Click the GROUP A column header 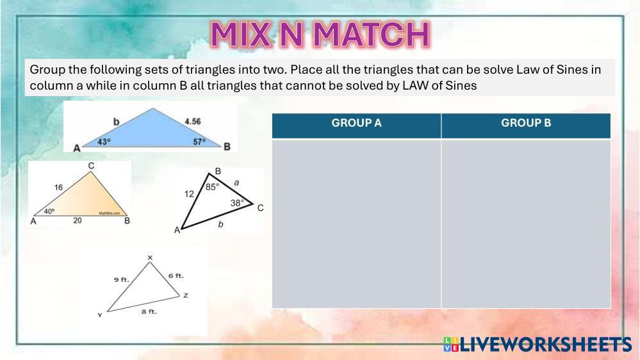[356, 123]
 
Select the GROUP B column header [526, 123]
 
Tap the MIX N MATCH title [320, 35]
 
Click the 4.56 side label [193, 121]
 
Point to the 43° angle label [104, 142]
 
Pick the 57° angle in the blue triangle [199, 142]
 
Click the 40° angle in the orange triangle [49, 211]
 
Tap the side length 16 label [58, 187]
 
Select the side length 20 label [77, 220]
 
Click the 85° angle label [212, 187]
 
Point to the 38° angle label [237, 202]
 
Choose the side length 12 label [189, 194]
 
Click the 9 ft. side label [121, 279]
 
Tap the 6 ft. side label [176, 276]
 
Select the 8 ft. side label [149, 311]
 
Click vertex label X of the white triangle [150, 258]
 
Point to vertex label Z [186, 295]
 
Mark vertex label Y [99, 315]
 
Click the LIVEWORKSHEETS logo [537, 345]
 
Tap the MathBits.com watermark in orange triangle [110, 213]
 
